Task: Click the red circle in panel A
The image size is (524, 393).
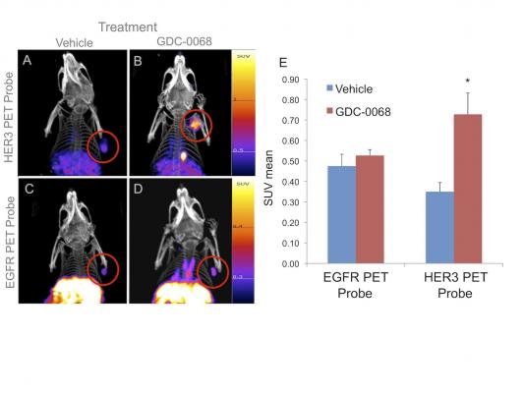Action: (103, 147)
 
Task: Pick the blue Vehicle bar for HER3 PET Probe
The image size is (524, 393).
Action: (439, 227)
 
